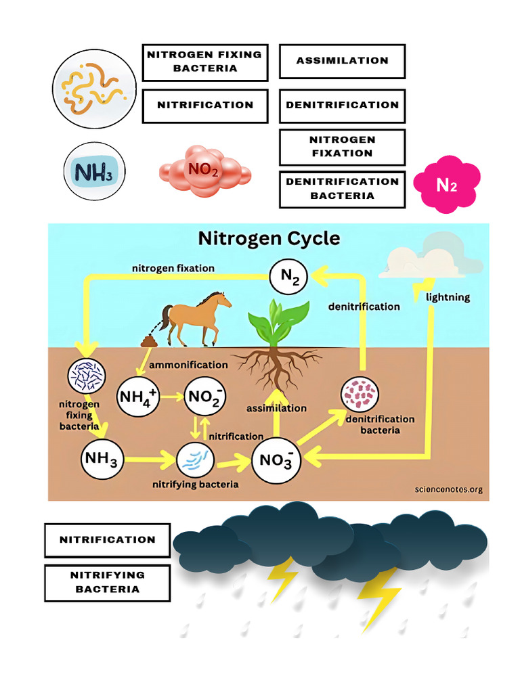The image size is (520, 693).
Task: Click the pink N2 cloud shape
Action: (x=446, y=184)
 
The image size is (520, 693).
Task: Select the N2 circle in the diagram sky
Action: (x=289, y=276)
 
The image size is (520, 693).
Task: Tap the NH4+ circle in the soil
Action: (x=138, y=397)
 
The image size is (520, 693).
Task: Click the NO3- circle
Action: (x=276, y=460)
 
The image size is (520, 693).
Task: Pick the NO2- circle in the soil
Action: (x=205, y=397)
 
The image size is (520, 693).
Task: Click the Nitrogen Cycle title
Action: (x=269, y=238)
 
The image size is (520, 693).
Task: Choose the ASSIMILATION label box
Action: (x=342, y=61)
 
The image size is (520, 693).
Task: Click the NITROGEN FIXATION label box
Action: (x=342, y=147)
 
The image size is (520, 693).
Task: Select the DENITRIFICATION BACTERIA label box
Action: (x=342, y=189)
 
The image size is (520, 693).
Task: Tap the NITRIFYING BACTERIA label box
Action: (x=107, y=582)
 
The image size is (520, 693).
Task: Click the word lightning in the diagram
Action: (x=448, y=297)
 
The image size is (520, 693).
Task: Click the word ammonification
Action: (x=188, y=365)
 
